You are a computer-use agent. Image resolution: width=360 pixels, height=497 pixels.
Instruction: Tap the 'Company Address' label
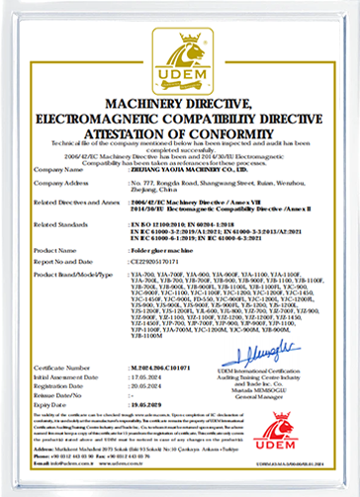point(60,182)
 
